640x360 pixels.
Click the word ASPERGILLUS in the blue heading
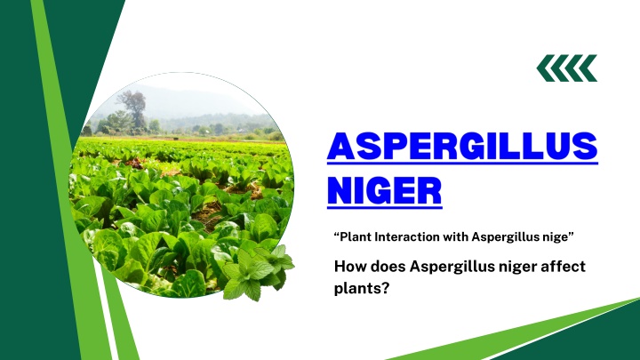[462, 146]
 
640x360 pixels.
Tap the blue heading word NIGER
[385, 190]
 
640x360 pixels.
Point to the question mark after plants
[384, 288]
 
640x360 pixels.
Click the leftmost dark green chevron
[546, 68]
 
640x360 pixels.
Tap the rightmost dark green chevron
[588, 68]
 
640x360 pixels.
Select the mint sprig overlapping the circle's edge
[258, 272]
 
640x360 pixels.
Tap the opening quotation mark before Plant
[337, 235]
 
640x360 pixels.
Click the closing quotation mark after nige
[571, 235]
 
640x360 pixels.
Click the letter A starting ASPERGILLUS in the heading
[341, 146]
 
